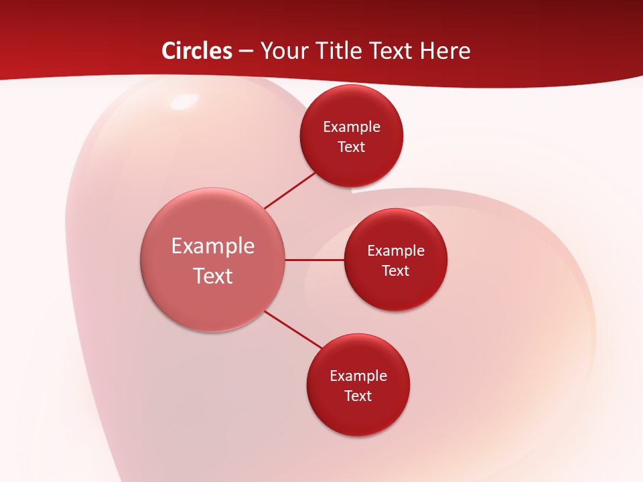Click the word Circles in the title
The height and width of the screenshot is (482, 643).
pos(196,51)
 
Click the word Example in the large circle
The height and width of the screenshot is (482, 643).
pos(213,246)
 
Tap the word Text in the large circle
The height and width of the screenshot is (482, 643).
pos(213,276)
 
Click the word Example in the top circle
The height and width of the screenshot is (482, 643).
pos(352,127)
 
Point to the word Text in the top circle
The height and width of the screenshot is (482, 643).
pos(352,147)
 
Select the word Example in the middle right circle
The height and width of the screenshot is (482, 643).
pos(396,250)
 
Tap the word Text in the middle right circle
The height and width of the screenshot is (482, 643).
pos(396,270)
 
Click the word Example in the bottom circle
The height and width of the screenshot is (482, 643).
pos(358,376)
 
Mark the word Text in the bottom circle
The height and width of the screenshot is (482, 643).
pos(358,396)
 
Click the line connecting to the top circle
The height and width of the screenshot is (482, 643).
pos(289,191)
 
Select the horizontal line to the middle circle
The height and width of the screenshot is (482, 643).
pos(315,260)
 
